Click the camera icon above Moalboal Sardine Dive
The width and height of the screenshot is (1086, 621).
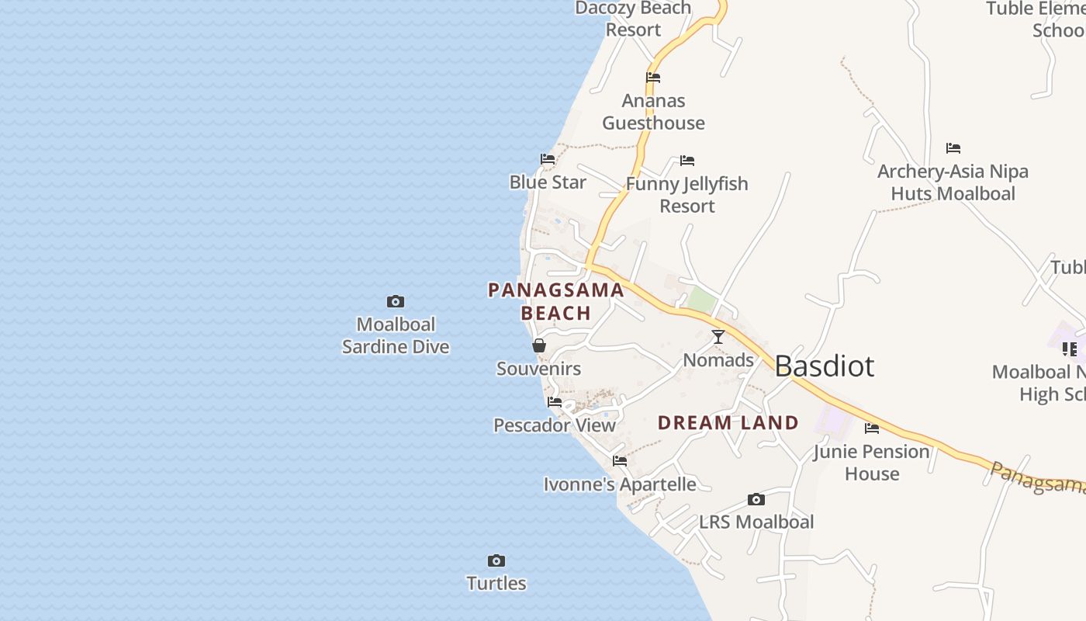pos(396,301)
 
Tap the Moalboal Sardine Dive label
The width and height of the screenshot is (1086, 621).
pos(396,335)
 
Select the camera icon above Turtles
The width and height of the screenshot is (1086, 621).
pos(496,560)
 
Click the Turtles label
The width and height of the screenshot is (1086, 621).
pos(496,583)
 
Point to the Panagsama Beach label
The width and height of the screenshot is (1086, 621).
pos(556,301)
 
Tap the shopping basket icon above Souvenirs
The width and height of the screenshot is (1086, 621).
pos(539,345)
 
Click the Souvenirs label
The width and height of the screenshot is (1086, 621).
pos(538,369)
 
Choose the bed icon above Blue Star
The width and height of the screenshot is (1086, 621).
pos(548,159)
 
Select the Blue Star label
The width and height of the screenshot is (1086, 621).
pos(548,182)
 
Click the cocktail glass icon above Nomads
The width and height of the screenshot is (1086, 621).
pos(718,337)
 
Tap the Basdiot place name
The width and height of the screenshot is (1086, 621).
pos(824,366)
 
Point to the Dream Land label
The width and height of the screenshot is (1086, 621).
pos(728,423)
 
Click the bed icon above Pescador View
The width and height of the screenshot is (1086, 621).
pos(555,402)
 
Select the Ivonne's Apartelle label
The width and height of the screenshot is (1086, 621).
pos(620,484)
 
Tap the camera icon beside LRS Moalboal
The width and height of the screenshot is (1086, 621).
pos(756,499)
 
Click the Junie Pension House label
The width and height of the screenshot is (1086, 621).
pos(871,463)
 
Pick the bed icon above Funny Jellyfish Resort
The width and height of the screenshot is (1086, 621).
pos(687,161)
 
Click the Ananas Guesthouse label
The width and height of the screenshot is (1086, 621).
pos(653,112)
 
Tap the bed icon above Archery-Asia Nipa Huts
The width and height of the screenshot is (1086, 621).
pos(953,148)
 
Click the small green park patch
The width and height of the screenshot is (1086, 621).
pos(702,300)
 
